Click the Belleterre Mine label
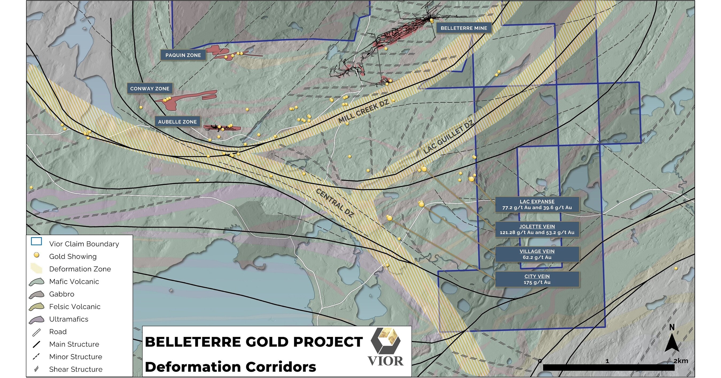(463, 28)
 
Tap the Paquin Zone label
(183, 55)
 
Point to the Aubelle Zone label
(177, 122)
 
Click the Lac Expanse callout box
(537, 205)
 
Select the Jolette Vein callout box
(537, 230)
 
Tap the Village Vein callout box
(537, 254)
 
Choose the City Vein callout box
(537, 279)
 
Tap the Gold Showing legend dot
(36, 255)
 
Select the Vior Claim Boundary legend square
(36, 241)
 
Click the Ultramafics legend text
(69, 319)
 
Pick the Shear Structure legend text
(76, 369)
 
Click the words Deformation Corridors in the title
(230, 367)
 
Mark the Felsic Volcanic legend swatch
(36, 307)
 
